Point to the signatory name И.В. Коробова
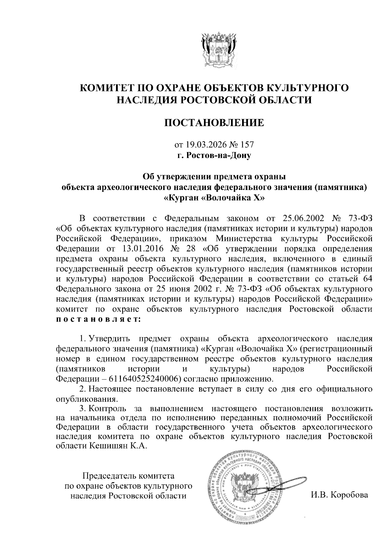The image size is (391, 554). coord(339,495)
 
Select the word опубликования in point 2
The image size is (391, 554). coord(86,399)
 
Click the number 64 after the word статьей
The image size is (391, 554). coord(367,279)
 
